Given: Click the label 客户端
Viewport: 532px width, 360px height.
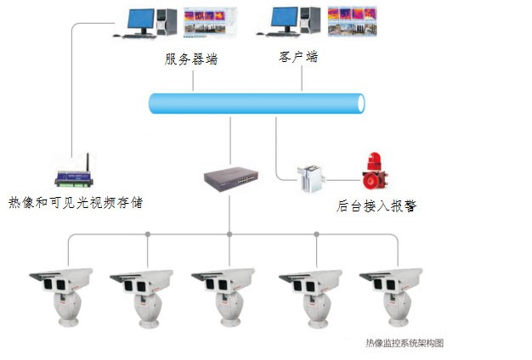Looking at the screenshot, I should (x=298, y=57).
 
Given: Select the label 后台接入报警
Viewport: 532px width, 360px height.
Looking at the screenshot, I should (x=376, y=206).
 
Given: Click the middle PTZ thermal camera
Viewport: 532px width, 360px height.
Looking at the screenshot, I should (x=224, y=297).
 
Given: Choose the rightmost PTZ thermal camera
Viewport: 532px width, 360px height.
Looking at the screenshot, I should (x=392, y=297).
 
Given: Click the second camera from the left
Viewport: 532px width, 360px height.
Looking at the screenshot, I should (x=143, y=297).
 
